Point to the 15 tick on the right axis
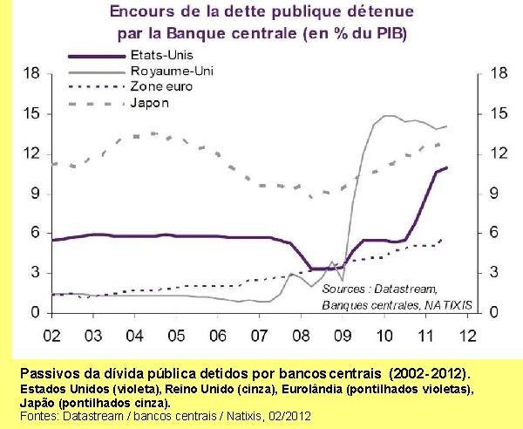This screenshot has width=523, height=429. pyautogui.click(x=499, y=113)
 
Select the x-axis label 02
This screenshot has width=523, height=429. pyautogui.click(x=52, y=334)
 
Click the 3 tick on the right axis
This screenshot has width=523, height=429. pyautogui.click(x=494, y=273)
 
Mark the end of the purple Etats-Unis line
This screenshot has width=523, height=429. pyautogui.click(x=446, y=167)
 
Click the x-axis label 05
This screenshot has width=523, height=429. pyautogui.click(x=176, y=334)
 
